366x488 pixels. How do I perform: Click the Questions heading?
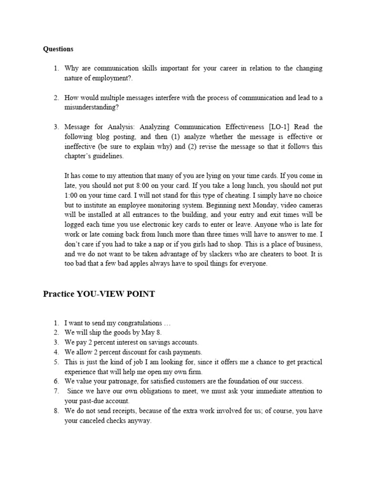(x=58, y=49)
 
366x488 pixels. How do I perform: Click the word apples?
(x=139, y=264)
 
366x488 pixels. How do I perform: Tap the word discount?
(x=136, y=352)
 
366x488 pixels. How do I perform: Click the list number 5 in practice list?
(x=56, y=362)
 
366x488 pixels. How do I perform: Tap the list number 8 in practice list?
(x=56, y=411)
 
